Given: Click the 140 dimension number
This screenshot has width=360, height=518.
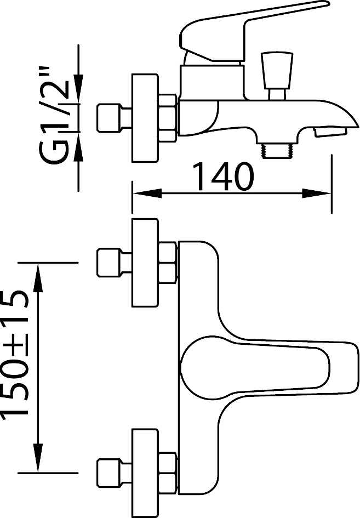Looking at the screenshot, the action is coord(223,177).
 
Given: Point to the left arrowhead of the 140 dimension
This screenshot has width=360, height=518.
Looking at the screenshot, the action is coord(147,193).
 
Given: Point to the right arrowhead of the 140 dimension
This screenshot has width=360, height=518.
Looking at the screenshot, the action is coord(317,193).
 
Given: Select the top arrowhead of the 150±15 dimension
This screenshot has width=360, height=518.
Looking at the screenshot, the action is coord(39,277).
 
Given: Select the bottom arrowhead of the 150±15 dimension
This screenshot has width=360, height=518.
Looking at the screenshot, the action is coord(39,458).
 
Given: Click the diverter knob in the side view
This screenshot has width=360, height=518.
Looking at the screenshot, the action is coord(277,75).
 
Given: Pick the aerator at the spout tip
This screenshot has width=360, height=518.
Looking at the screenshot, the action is coord(330,132).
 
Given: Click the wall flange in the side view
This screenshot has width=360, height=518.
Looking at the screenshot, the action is coord(144,118).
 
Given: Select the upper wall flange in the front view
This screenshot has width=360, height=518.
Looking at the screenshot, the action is coord(144,263).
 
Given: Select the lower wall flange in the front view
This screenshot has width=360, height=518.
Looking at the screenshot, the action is coord(144,473).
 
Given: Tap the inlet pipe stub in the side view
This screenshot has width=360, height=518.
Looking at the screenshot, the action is coord(114,118).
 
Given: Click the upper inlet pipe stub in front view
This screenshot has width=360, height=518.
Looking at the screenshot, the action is coord(114,263).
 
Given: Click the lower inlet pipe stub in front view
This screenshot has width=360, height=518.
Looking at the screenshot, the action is coord(114,473).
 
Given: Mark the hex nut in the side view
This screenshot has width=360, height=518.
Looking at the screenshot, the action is coord(167,118).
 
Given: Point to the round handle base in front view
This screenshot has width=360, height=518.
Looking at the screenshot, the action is coord(205,367).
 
